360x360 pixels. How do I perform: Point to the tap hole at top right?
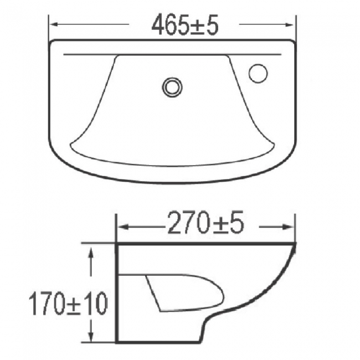[258, 73]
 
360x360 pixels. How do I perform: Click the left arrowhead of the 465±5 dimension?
[54, 25]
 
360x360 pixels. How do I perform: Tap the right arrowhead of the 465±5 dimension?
[292, 25]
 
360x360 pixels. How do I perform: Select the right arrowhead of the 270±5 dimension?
[292, 226]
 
